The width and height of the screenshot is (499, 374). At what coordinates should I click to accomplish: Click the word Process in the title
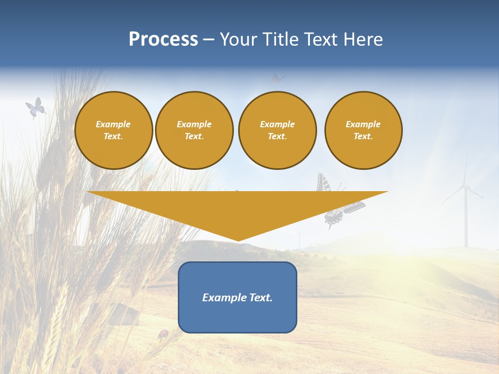pos(163,39)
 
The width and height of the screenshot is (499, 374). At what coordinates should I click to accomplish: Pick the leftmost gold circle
pos(113,130)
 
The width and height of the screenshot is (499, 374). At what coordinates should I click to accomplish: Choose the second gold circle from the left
pos(194,130)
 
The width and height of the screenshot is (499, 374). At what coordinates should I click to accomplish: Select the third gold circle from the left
pos(278,130)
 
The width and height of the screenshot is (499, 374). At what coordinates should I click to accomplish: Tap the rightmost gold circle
pos(363,130)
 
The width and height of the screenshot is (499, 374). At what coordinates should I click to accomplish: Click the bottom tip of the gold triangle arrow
pos(238,240)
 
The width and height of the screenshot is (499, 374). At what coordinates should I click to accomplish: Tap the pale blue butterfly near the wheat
pos(35,107)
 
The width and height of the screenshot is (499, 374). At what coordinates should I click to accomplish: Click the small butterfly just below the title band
pos(278,78)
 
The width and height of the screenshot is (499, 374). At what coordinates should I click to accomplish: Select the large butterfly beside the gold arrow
pos(338,203)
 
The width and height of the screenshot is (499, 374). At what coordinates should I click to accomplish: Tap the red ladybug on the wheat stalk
pos(164,334)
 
